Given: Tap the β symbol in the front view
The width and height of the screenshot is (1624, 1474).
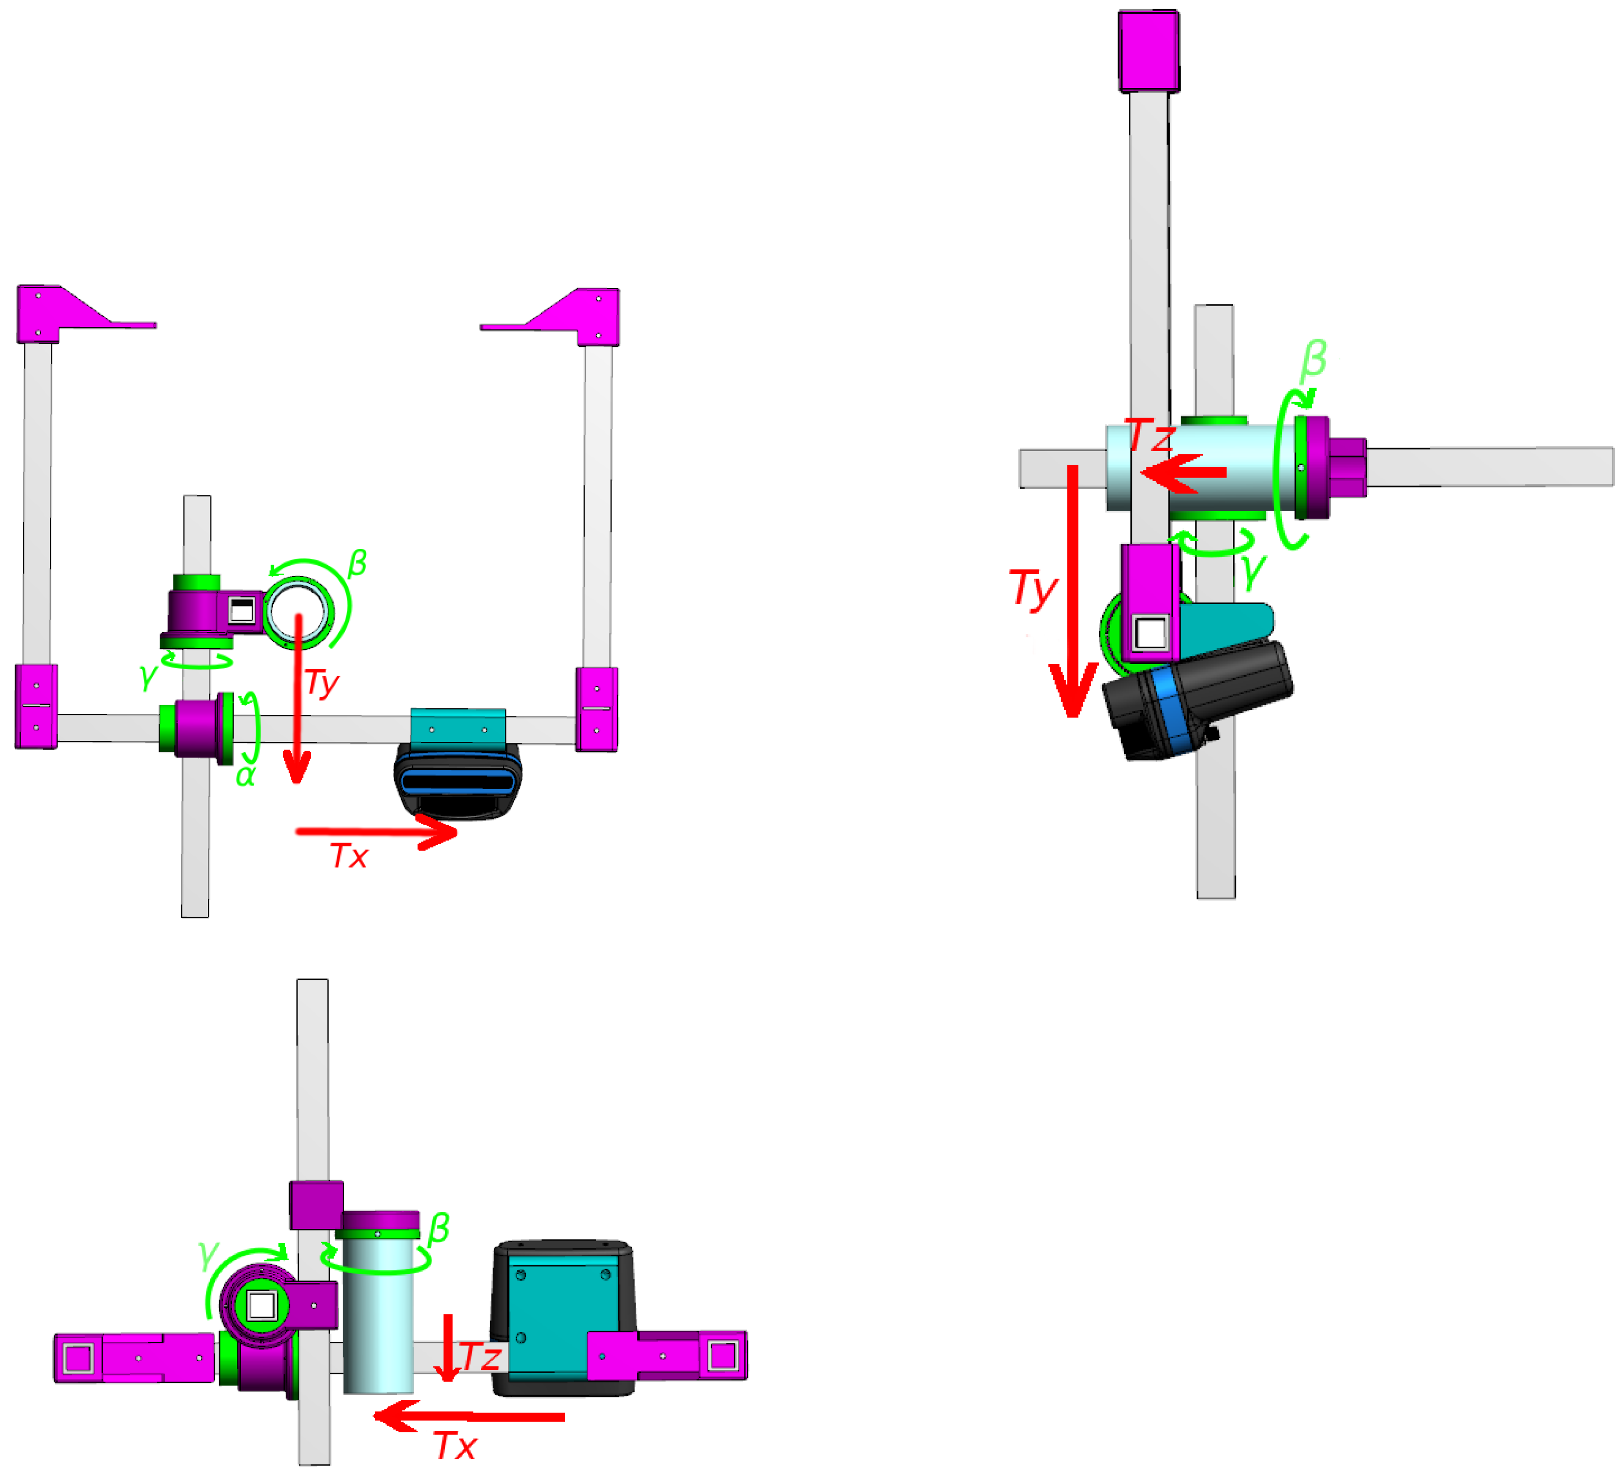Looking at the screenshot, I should pyautogui.click(x=357, y=563).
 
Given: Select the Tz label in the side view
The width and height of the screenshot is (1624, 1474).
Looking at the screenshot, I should pyautogui.click(x=1150, y=437).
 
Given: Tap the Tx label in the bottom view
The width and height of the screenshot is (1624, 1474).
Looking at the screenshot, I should pyautogui.click(x=455, y=1447).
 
